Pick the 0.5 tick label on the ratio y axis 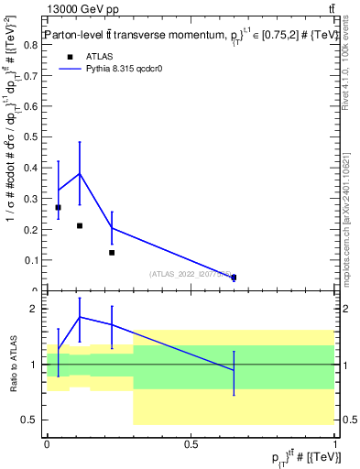pos(30,420)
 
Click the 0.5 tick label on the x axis pos(191,444)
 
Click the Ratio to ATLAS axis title pos(12,365)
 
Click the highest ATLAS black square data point pos(59,207)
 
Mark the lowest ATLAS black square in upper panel pos(234,277)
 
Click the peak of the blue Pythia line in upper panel pos(80,173)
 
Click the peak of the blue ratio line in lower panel pos(80,317)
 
